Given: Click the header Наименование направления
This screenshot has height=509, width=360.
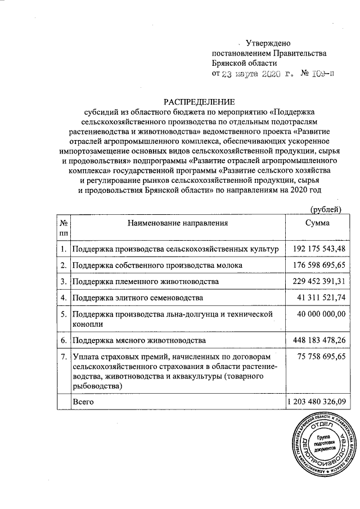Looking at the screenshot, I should pos(177,223).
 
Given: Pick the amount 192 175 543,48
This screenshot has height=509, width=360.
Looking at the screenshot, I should pos(319,249).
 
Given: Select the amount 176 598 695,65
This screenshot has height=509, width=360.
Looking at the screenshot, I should pos(319,264).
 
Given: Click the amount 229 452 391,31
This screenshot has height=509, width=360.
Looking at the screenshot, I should pos(319,281).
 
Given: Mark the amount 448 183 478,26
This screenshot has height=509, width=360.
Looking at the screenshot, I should pos(319,340).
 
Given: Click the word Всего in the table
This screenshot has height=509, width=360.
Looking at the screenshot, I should pos(83,402).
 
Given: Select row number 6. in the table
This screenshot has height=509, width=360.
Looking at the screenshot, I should pos(64,341).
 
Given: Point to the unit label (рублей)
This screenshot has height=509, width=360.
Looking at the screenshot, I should pos(326,209).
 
